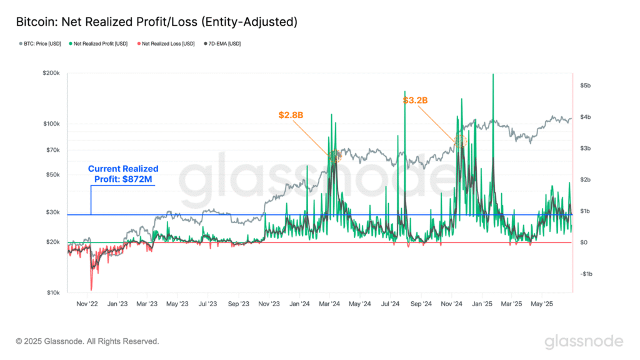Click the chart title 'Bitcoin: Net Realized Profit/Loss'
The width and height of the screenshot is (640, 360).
(x=156, y=22)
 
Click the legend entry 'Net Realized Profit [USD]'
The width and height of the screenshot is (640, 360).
(x=99, y=44)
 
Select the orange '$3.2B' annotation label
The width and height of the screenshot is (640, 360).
(x=415, y=100)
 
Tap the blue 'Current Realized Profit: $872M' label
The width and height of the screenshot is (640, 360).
(x=123, y=174)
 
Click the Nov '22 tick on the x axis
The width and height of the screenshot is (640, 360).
(x=87, y=304)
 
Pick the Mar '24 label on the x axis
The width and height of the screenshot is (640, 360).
(x=330, y=304)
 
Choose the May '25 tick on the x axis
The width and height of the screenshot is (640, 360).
(x=541, y=304)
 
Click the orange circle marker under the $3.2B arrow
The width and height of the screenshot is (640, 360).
(x=461, y=141)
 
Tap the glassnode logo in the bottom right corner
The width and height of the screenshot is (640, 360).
(x=583, y=341)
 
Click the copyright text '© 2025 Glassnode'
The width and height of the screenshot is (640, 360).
(x=87, y=341)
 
